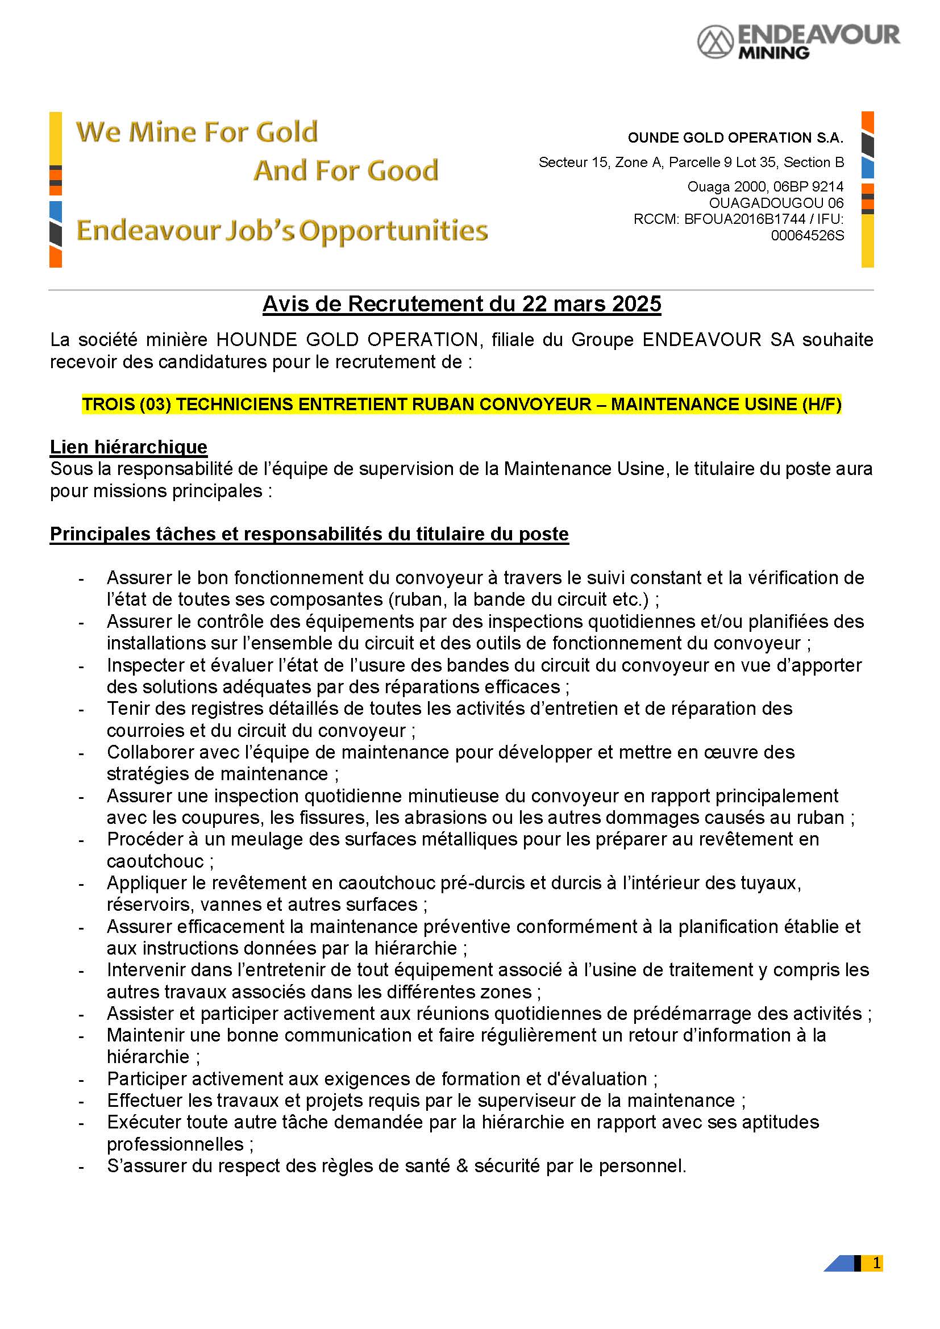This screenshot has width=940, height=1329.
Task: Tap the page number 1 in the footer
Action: pos(876,1263)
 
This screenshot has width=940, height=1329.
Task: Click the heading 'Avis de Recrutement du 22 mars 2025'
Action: pos(462,304)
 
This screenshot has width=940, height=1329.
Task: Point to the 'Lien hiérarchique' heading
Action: pos(128,447)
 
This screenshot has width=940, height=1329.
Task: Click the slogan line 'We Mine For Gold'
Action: pos(197,132)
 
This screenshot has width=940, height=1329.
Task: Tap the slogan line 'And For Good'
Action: pos(346,171)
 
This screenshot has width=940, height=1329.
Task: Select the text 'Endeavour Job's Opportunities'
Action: pos(282,231)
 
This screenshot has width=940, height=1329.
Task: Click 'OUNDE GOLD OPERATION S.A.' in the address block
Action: pos(735,138)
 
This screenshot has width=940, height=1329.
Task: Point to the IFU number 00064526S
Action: pos(807,236)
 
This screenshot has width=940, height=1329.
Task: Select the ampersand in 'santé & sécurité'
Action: pos(462,1166)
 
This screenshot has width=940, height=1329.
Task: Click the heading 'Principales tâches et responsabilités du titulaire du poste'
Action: pos(309,534)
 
